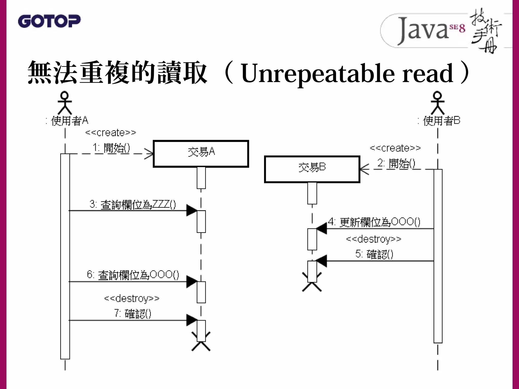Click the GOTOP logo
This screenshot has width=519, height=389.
coord(49,21)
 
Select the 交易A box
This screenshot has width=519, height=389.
coord(201,153)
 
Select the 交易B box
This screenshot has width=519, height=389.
coord(312,169)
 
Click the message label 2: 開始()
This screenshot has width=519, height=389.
coord(396,163)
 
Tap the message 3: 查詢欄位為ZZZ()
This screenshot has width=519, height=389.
coord(133,205)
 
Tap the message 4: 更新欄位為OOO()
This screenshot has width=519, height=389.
coord(374,222)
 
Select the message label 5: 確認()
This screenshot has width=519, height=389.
coord(374,254)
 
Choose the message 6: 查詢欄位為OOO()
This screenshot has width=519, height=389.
coord(133,275)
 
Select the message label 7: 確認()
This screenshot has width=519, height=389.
coord(133,314)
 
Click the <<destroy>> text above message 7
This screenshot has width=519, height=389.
coord(132,299)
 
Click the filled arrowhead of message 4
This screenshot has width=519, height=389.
coord(321,229)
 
